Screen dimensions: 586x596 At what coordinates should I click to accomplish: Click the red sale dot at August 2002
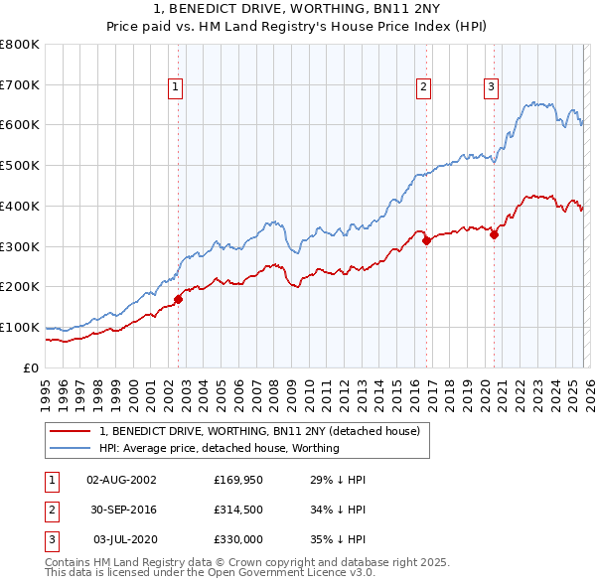coord(179,299)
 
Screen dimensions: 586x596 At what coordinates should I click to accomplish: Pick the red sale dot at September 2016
coord(426,240)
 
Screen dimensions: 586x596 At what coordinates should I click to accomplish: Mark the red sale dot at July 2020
coord(494,234)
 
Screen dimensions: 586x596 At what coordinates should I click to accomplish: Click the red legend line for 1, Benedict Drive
coord(72,431)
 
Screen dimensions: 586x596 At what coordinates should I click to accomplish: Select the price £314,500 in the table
coord(238,510)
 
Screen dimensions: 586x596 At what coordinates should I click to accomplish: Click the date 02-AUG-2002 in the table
coord(121,480)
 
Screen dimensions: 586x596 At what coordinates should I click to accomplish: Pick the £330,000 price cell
coord(238,539)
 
